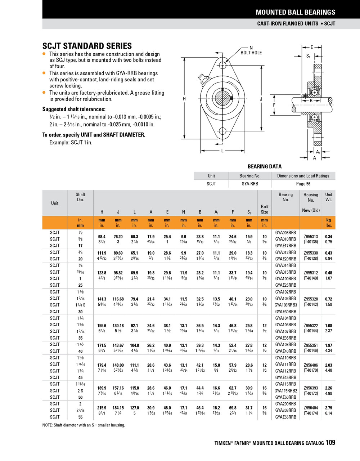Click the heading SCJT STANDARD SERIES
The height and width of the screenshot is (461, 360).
[87, 46]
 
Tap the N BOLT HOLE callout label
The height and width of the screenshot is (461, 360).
[251, 50]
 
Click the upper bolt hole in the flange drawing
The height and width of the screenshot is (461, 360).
[223, 65]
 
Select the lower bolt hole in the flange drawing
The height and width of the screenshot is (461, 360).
[223, 131]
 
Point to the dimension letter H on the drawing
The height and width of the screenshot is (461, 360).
[184, 99]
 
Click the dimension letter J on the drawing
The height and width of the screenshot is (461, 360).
[261, 99]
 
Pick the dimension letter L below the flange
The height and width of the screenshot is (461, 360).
[222, 151]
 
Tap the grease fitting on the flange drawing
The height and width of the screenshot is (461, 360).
[202, 78]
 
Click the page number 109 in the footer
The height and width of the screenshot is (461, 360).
[330, 442]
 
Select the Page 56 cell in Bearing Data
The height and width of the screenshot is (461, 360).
[303, 184]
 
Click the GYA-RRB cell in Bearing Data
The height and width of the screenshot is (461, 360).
[249, 184]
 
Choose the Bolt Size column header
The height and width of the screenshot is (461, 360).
[264, 209]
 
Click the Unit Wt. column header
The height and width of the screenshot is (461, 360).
[329, 197]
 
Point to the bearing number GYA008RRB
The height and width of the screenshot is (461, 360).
[285, 233]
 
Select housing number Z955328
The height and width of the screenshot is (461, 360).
[311, 299]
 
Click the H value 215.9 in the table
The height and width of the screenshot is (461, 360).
[102, 408]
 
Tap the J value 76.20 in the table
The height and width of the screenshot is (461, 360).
[118, 237]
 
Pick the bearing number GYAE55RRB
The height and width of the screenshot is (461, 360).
[285, 417]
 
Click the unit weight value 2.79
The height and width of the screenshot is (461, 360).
[329, 408]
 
